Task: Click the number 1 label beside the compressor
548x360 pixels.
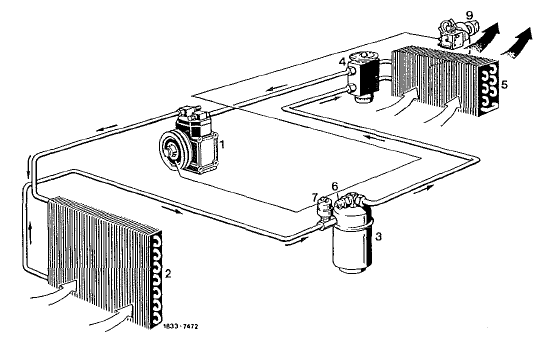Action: tap(221, 143)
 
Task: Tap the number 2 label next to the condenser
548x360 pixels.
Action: tap(168, 273)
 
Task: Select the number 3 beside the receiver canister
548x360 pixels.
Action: tap(378, 237)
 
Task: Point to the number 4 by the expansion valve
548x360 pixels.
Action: tap(342, 62)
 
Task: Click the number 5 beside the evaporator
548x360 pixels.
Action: tap(504, 85)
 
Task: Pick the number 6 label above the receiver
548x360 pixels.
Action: tap(335, 186)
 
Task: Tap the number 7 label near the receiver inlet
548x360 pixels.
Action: tap(315, 196)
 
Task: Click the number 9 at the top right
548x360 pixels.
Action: tap(469, 15)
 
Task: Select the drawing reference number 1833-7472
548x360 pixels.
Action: tap(181, 326)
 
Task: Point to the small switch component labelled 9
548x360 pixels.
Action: tap(454, 34)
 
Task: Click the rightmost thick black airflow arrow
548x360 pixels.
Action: tap(518, 42)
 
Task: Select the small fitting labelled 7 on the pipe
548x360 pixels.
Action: tap(324, 211)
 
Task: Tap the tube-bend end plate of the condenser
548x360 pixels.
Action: tap(157, 280)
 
